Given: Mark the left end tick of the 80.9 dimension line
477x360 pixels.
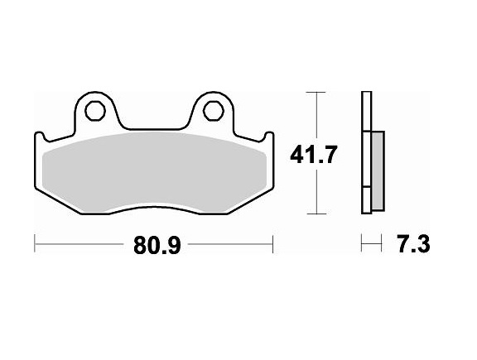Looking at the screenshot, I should pos(35,244).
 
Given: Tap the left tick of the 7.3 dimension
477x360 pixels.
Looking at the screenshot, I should pos(363,244).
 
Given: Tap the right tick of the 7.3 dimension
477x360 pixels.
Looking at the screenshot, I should pos(383,244).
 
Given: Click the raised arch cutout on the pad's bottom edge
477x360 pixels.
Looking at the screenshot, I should pos(154,209).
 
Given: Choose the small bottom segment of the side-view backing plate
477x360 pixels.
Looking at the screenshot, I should pos(365,202).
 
